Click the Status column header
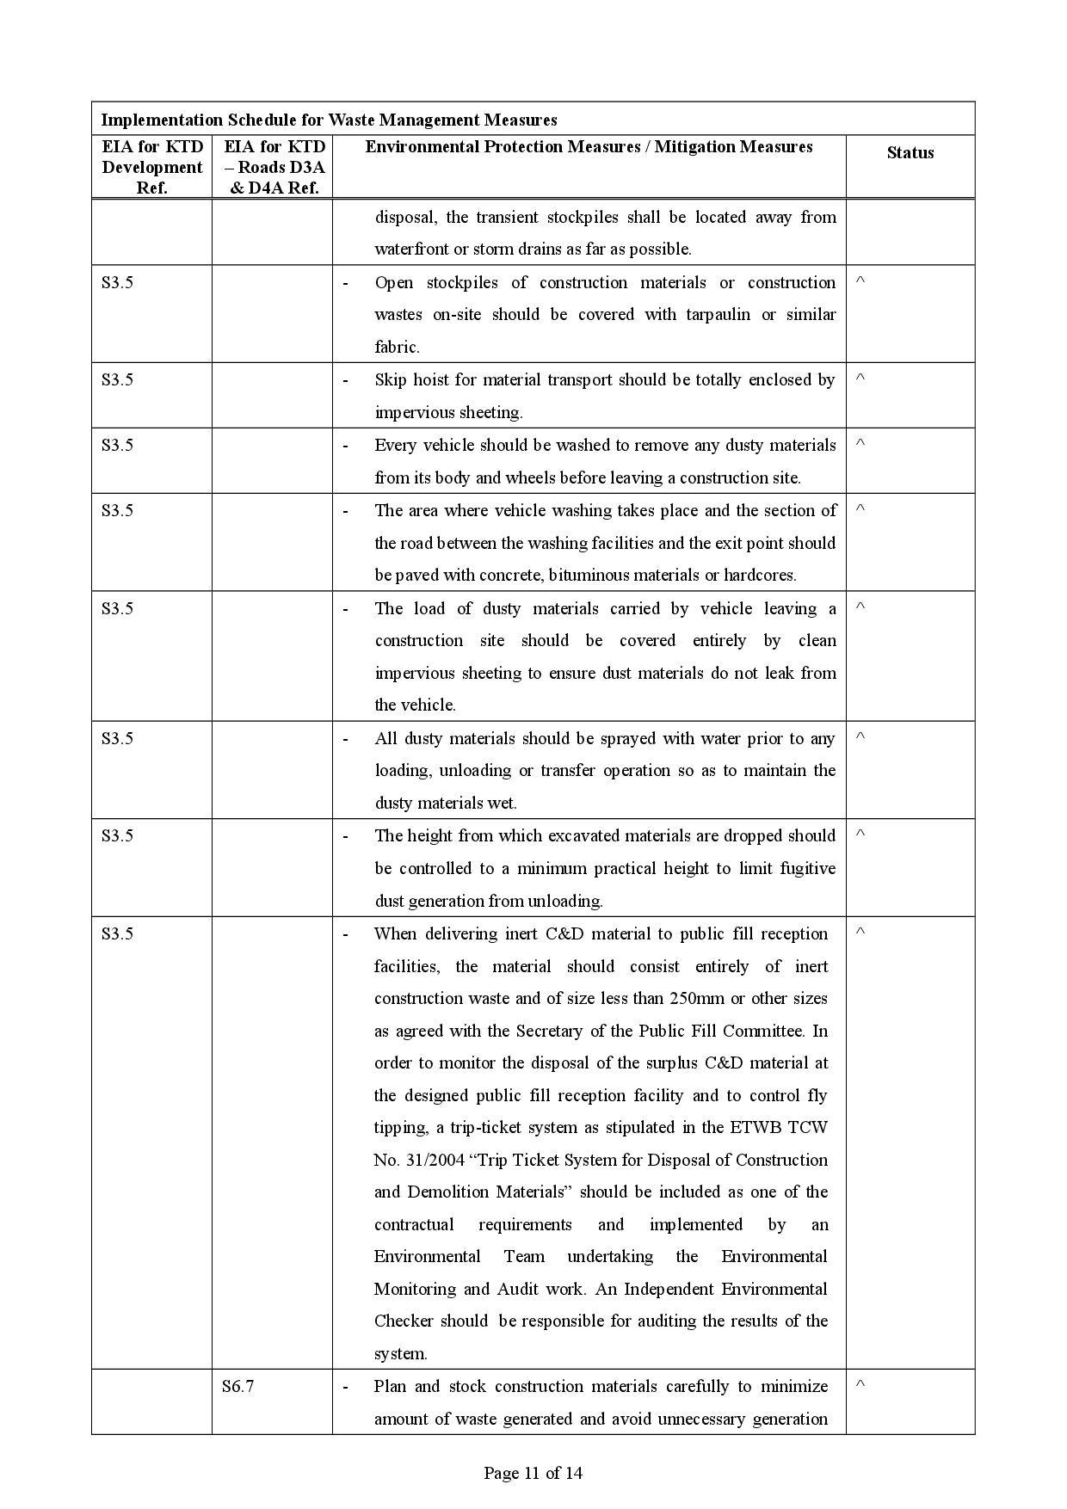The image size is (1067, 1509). (910, 153)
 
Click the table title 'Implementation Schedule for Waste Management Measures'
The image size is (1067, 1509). (329, 120)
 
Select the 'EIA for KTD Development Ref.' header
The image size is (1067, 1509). (151, 167)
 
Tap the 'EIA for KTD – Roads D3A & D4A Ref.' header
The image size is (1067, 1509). (274, 167)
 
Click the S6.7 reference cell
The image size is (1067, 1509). (237, 1386)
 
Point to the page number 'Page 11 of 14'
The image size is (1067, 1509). (533, 1473)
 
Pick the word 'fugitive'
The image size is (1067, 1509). (807, 869)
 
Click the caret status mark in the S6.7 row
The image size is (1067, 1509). (860, 1384)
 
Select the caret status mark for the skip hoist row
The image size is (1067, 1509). (860, 379)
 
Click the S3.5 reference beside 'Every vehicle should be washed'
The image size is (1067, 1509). (117, 446)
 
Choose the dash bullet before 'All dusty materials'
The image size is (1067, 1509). (346, 739)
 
